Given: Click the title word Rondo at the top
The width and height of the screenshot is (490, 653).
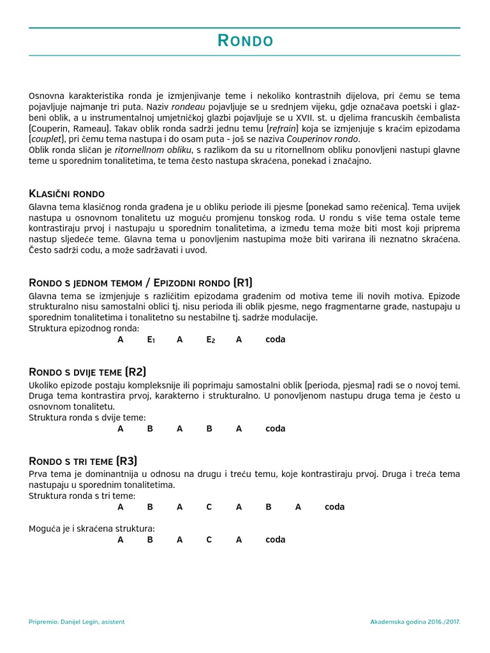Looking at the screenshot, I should coord(245,41).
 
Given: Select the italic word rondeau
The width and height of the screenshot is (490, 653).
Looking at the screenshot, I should coord(189,107).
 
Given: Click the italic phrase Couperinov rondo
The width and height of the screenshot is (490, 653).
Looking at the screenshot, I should coord(323,139).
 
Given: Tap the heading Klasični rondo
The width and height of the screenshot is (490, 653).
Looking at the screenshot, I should coord(67,193).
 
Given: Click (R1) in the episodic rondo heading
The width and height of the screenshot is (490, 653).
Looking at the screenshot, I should coord(243,282).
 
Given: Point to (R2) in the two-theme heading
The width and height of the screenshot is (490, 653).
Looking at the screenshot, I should coord(135,372).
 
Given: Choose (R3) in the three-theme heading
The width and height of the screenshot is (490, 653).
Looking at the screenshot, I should coord(126,461).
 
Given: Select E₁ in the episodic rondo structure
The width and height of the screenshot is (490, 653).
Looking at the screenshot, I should coord(151,340).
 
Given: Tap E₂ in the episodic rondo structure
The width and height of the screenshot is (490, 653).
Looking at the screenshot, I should coord(210,340).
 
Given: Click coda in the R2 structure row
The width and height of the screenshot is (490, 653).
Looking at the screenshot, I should coord(276,429).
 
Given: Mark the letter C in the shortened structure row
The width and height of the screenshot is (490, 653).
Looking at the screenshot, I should coord(209,539).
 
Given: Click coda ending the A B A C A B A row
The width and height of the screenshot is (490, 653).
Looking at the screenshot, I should coord(334,507).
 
